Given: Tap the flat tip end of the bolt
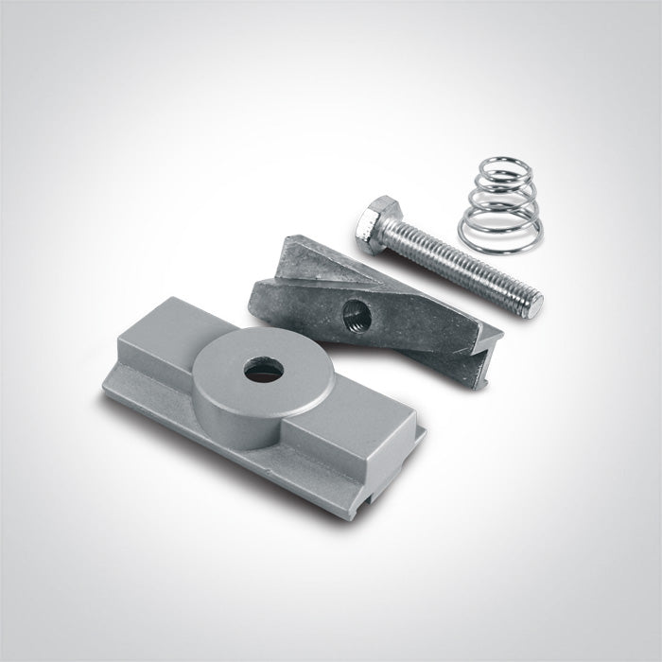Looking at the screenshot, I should coord(535,305).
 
